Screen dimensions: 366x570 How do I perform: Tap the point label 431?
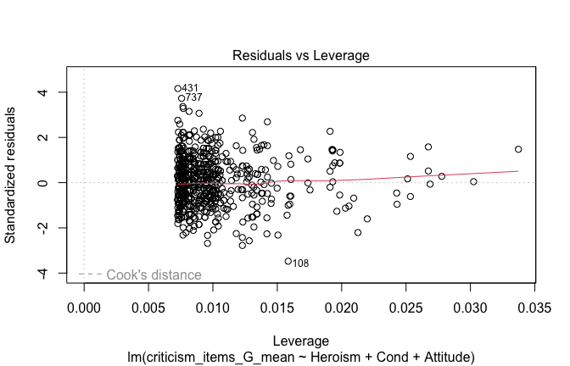point(190,88)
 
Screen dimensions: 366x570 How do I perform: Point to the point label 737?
point(194,97)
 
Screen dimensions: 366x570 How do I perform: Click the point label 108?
point(300,263)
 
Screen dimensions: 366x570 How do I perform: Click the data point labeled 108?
point(288,261)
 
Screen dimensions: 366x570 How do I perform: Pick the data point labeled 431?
point(178,88)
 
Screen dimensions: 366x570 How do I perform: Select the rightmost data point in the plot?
point(518,149)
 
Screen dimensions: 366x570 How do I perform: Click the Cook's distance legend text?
point(154,274)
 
